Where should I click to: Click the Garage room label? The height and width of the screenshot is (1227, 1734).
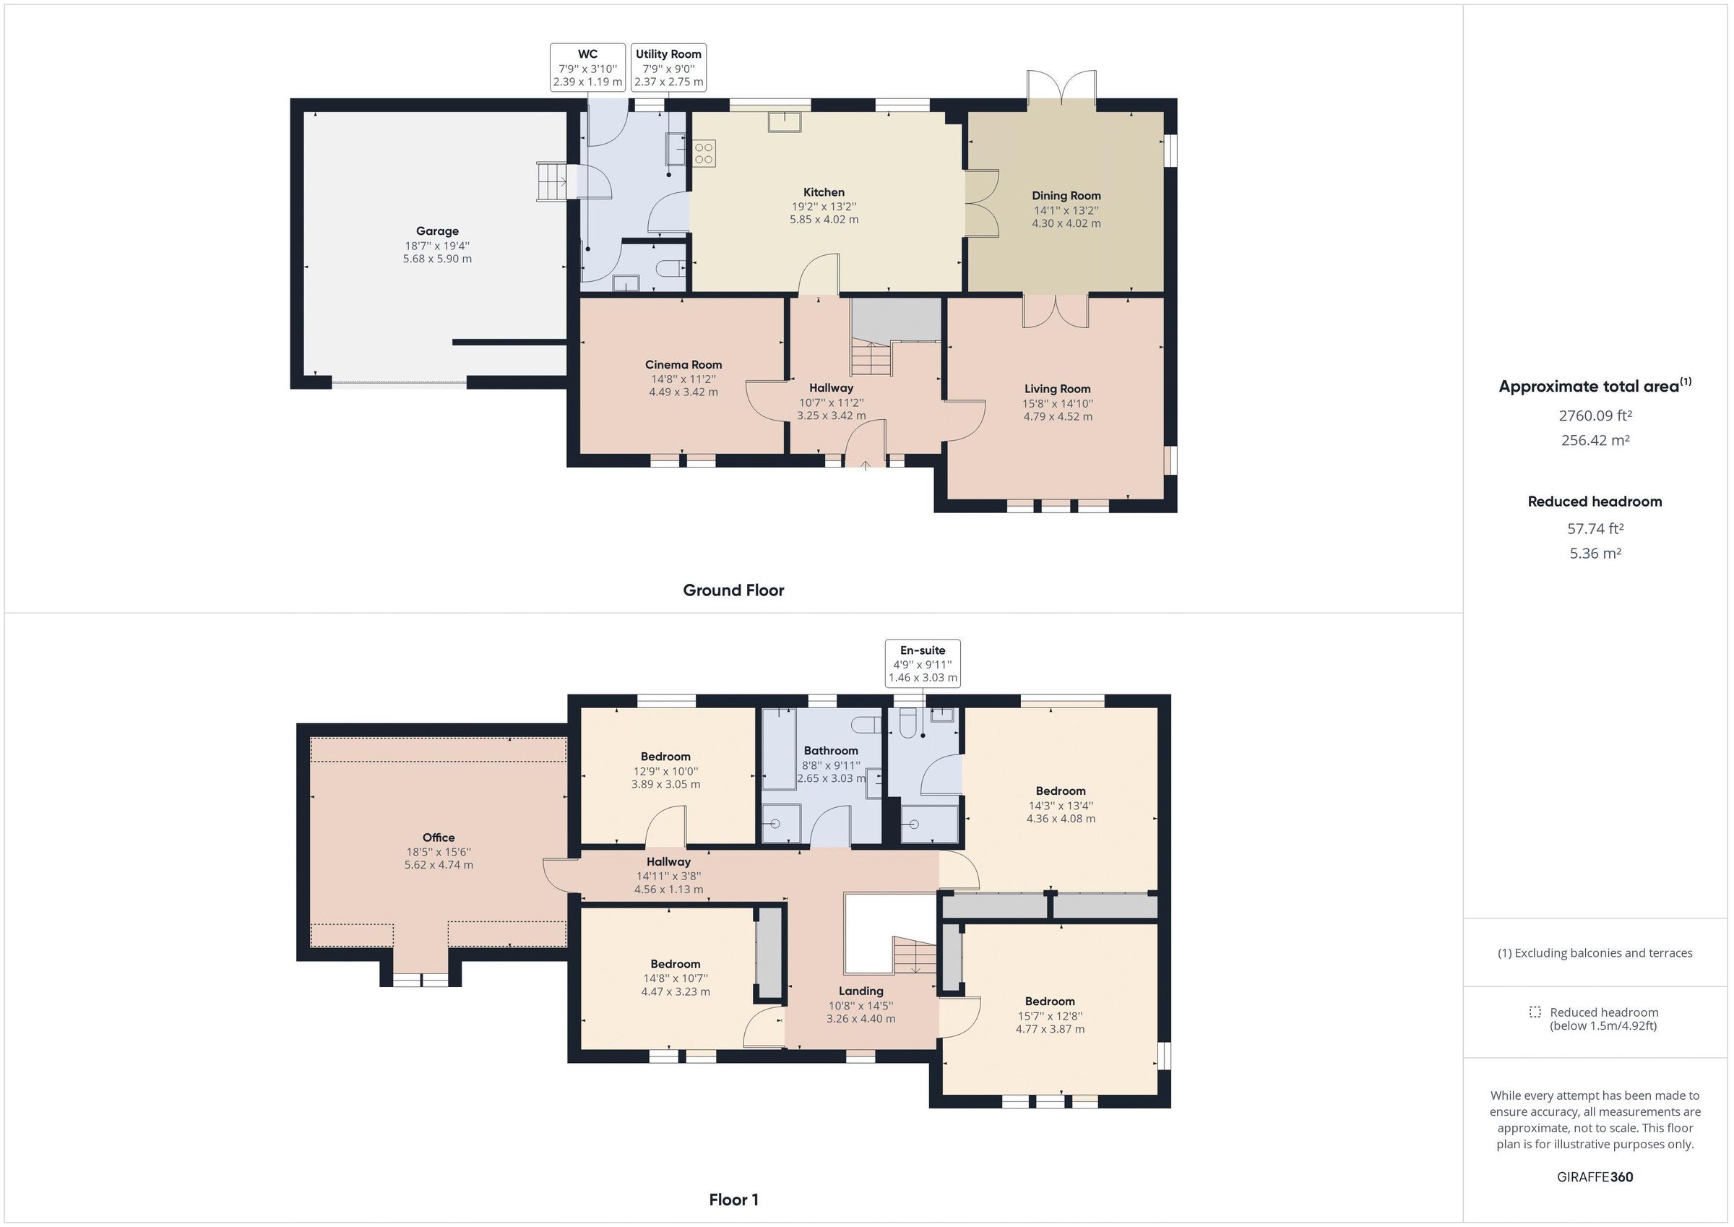(437, 231)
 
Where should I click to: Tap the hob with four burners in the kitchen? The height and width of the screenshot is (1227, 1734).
(704, 153)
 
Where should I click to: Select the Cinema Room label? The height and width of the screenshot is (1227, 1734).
(683, 365)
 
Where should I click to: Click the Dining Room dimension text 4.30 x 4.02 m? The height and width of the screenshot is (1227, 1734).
(1066, 223)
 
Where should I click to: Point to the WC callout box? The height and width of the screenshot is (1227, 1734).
(587, 67)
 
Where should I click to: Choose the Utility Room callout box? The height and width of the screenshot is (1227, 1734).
(668, 67)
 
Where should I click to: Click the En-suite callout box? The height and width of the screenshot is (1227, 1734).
(922, 663)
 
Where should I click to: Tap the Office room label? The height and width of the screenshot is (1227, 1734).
(438, 837)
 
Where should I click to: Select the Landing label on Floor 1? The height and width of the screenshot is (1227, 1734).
(860, 991)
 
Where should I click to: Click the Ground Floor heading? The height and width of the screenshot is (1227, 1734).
(733, 590)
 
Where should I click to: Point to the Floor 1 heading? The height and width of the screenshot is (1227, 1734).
(733, 1200)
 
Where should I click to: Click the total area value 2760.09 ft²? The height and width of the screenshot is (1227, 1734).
(1595, 416)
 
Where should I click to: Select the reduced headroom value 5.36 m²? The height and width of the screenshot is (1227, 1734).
(1595, 553)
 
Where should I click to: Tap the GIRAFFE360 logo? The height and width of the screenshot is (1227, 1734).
(1595, 1177)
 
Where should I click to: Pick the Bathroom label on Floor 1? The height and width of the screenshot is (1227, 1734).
(831, 750)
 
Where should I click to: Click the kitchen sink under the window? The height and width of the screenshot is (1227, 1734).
(785, 121)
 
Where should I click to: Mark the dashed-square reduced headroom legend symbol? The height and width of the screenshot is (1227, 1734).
(1535, 1012)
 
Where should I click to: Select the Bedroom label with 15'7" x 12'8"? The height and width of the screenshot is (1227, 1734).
(1050, 1001)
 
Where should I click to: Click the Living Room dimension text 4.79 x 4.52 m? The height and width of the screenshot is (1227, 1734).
(1057, 416)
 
